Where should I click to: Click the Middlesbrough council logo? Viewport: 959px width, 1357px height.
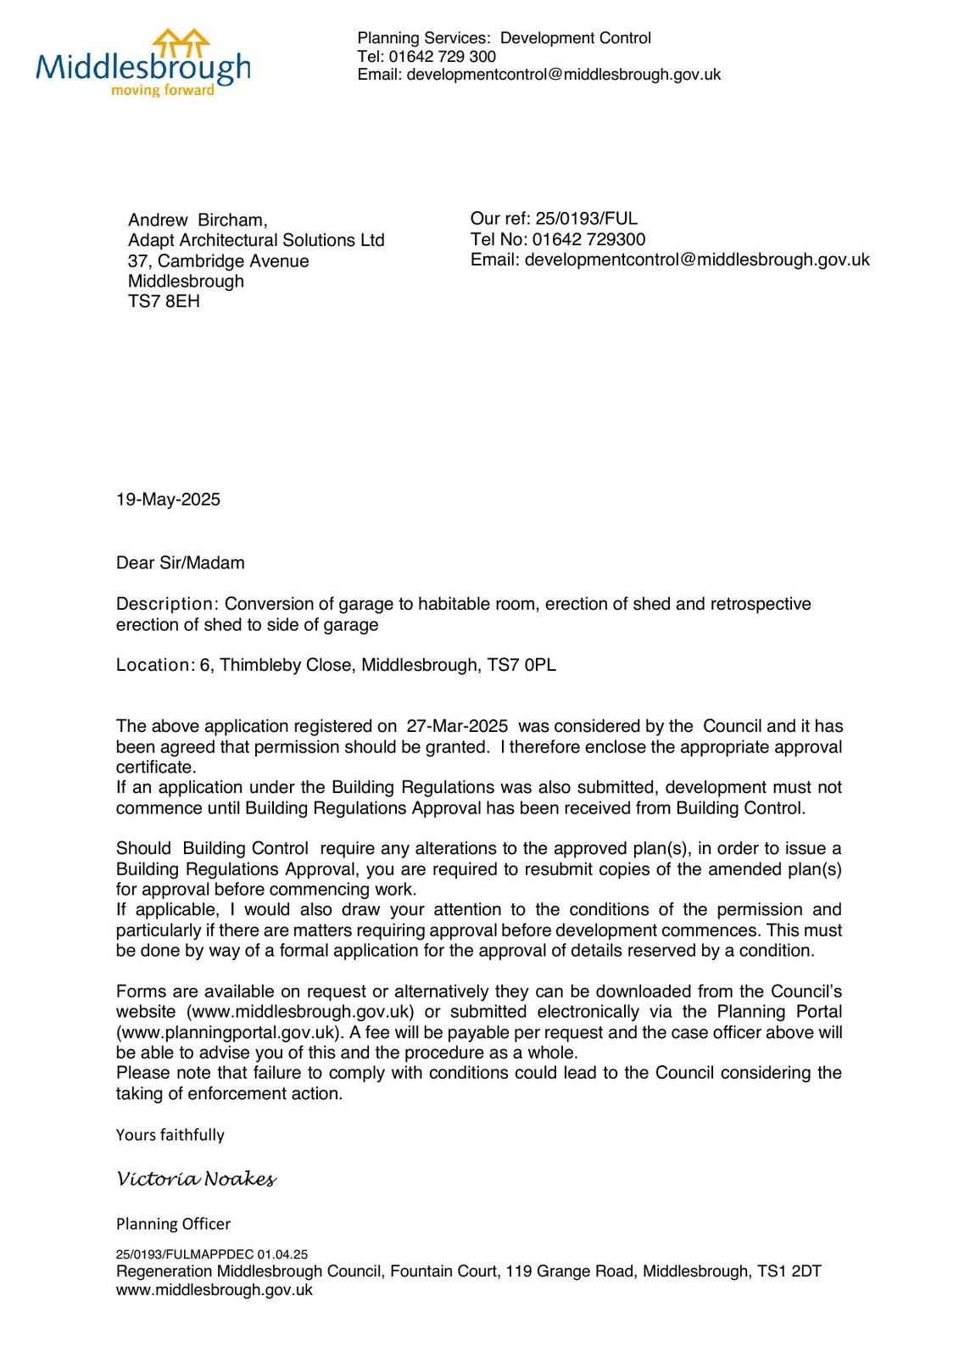tap(142, 61)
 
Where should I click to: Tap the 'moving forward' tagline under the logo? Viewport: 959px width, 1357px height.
tap(162, 91)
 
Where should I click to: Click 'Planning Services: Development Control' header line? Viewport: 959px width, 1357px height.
tap(504, 38)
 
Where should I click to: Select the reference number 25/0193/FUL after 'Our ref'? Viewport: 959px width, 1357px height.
tap(586, 219)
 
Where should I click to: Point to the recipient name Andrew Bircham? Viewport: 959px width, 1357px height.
tap(198, 221)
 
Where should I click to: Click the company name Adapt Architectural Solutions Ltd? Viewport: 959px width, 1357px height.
tap(256, 241)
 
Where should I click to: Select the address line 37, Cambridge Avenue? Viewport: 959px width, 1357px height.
tap(218, 261)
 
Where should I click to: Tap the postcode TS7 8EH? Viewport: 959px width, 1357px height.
tap(164, 302)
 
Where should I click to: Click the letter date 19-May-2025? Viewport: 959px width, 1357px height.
tap(168, 500)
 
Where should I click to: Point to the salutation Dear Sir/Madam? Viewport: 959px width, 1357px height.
tap(180, 563)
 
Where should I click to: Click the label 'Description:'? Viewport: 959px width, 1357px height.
tap(168, 604)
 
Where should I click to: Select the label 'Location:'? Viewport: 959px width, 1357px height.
tap(156, 665)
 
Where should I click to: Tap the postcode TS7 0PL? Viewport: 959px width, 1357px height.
tap(521, 665)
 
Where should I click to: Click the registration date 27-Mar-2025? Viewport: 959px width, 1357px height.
tap(457, 726)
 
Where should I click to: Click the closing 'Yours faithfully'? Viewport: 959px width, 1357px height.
tap(170, 1136)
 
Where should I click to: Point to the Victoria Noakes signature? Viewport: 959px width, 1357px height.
tap(196, 1179)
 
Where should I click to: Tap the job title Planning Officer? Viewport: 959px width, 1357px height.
tap(173, 1224)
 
